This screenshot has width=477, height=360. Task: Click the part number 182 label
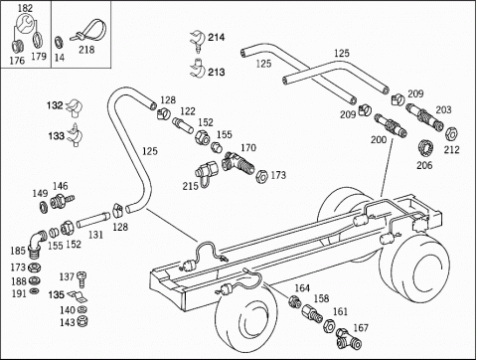25,8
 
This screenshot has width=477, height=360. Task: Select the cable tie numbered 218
88,32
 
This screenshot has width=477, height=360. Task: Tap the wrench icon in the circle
24,23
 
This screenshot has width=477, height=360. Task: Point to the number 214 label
217,37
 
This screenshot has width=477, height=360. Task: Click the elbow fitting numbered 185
36,244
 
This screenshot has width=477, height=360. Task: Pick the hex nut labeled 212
451,134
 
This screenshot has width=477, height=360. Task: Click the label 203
443,109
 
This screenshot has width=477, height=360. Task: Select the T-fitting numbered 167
347,338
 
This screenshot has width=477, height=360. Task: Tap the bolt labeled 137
81,279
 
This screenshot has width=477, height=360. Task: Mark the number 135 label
57,294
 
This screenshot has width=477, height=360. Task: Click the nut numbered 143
81,321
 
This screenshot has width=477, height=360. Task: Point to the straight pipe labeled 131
93,220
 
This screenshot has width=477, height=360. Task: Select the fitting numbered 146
62,200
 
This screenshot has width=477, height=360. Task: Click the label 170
248,147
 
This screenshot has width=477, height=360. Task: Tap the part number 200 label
379,140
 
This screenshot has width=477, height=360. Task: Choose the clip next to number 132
75,107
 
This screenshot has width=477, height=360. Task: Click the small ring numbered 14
59,43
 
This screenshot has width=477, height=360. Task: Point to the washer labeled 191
34,291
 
